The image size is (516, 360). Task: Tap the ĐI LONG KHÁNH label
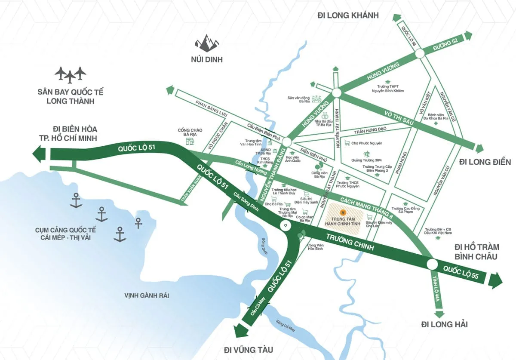pos(348,15)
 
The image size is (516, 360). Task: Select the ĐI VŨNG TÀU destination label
pos(249,349)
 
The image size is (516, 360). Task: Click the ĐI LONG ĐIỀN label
pos(485,162)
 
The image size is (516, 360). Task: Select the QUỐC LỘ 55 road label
pos(461,274)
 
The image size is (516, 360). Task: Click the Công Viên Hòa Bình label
pos(315,247)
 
